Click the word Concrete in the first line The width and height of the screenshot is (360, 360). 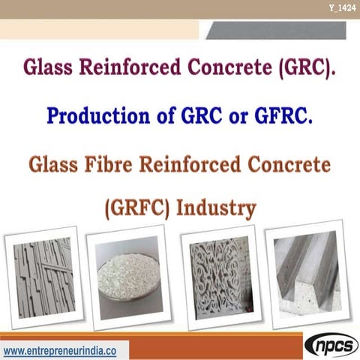coord(230,70)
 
